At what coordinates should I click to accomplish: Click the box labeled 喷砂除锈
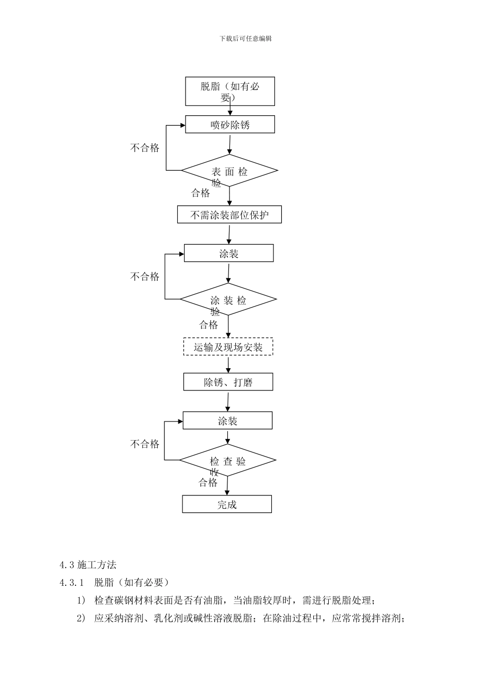pos(230,125)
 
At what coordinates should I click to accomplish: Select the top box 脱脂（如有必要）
pos(230,92)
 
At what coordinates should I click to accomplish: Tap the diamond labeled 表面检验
pos(229,171)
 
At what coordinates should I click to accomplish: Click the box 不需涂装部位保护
pos(229,215)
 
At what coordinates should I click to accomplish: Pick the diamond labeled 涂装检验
pos(228,299)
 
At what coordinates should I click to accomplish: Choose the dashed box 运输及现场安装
pos(228,347)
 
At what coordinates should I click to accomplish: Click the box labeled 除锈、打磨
pos(228,382)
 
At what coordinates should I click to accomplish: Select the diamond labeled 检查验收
pos(227,460)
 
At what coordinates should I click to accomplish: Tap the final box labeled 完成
pos(227,504)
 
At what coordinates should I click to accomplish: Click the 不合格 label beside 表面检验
pos(145,148)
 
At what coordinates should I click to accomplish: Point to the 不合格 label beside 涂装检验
pos(145,277)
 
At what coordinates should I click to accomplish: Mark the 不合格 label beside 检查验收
pos(145,444)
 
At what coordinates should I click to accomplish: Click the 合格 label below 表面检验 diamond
pos(201,193)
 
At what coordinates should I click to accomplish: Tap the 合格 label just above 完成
pos(208,482)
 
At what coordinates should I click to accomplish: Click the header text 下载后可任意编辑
pos(245,38)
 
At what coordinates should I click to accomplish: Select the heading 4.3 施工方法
pos(88,565)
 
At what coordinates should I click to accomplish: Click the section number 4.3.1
pos(71,583)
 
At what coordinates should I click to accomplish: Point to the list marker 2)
pos(81,618)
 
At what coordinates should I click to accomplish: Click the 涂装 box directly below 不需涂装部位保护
pos(229,253)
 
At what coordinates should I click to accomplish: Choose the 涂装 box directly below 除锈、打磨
pos(227,421)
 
